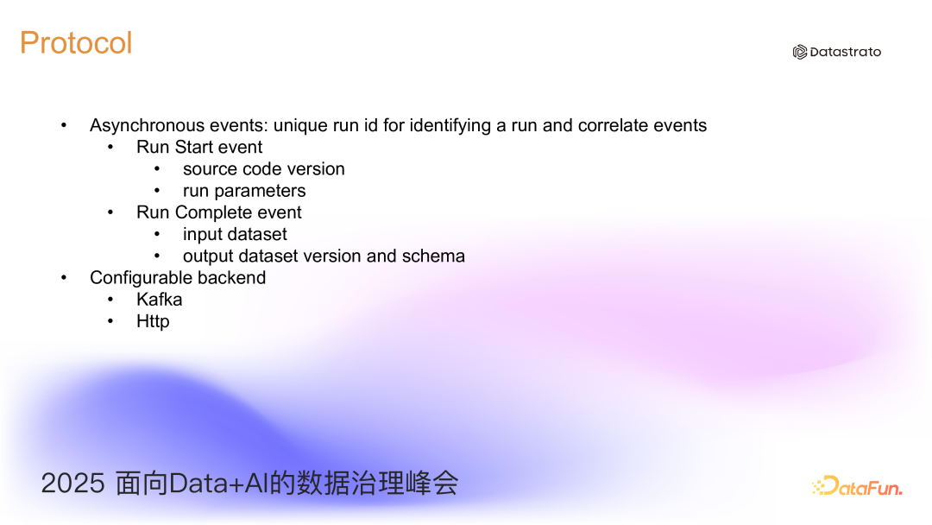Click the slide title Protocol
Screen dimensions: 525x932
[76, 42]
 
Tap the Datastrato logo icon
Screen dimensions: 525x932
[800, 52]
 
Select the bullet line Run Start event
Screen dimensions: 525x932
[199, 147]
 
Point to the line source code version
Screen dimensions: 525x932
[263, 169]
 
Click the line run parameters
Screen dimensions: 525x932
[244, 191]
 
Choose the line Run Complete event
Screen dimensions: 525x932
[219, 212]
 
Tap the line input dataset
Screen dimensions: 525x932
[235, 234]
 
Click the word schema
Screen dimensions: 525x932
[437, 256]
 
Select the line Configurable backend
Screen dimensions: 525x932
[178, 278]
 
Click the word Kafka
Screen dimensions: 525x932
[160, 300]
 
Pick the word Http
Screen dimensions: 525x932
[153, 321]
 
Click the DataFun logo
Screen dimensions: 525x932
[857, 486]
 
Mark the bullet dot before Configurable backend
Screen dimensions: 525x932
[64, 278]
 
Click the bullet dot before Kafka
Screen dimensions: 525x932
[110, 300]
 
